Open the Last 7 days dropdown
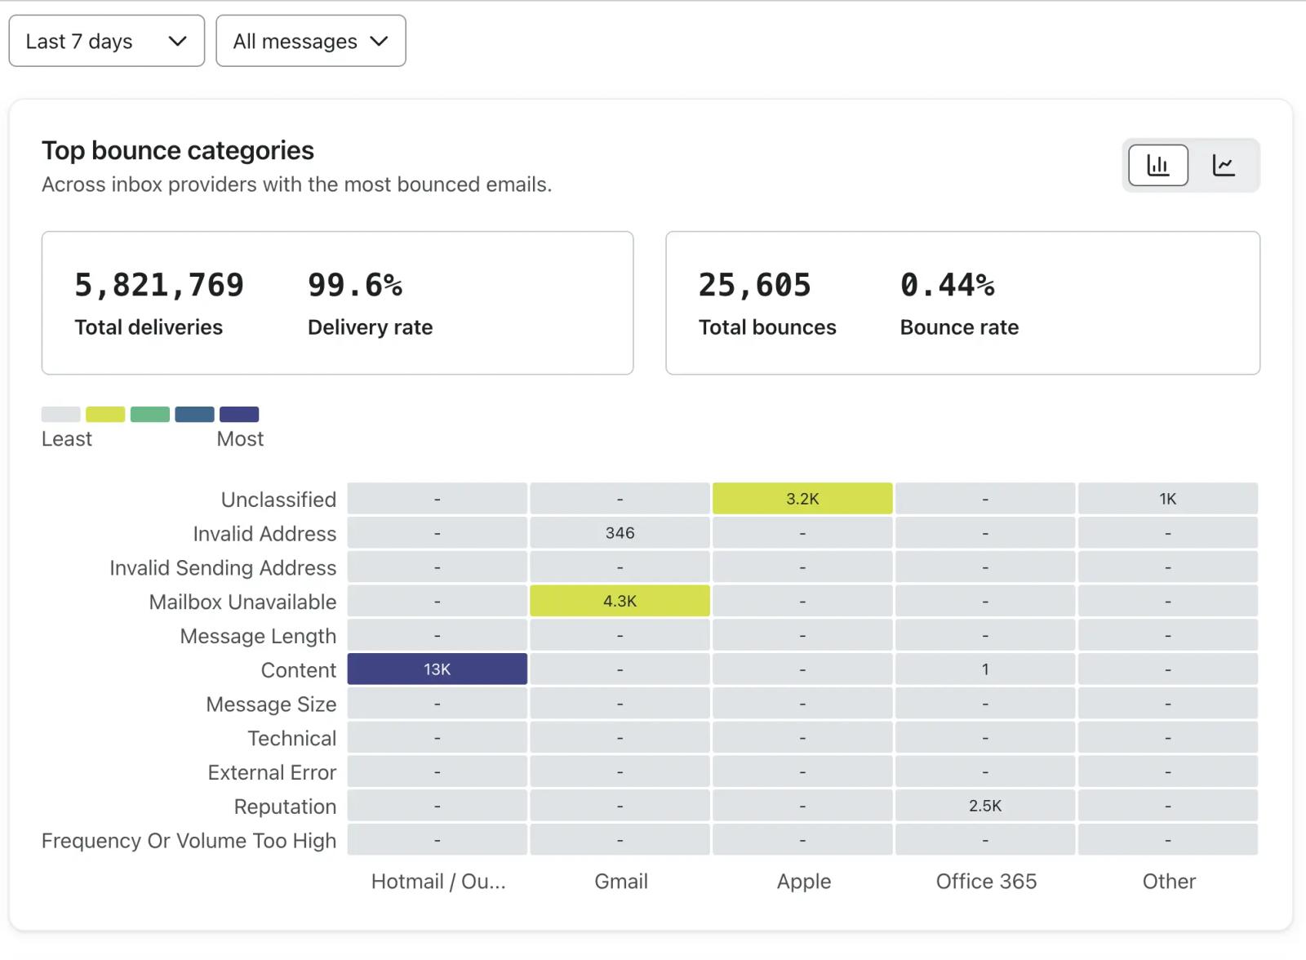click(x=107, y=41)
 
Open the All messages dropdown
click(x=311, y=41)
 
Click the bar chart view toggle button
click(x=1158, y=165)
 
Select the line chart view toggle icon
click(x=1224, y=165)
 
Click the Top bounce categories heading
click(x=178, y=150)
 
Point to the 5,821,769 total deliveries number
click(x=159, y=285)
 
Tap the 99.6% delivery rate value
click(x=355, y=285)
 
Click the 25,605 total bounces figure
click(x=755, y=285)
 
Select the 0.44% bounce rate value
click(x=948, y=285)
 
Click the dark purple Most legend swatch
click(x=239, y=414)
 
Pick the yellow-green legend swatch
click(x=105, y=414)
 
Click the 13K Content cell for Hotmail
click(x=438, y=669)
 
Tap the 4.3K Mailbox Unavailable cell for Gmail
click(x=620, y=601)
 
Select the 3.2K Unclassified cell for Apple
click(x=802, y=499)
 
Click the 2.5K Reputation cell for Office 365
click(x=985, y=806)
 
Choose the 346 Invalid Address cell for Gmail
click(x=620, y=532)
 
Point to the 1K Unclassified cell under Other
click(x=1168, y=499)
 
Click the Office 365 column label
click(x=987, y=882)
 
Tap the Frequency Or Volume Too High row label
click(x=189, y=841)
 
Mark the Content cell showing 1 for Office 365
click(x=985, y=669)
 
